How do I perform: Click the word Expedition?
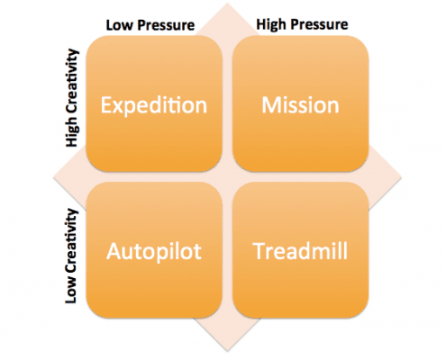point(154,106)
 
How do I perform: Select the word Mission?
point(300,105)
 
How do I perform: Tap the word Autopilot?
point(154,252)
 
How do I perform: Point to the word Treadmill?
point(300,251)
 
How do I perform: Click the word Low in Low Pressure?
point(120,25)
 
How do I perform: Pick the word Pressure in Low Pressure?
point(166,26)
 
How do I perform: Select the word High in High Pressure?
point(270,24)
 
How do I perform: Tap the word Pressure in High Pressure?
point(319,24)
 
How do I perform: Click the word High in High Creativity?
point(72,131)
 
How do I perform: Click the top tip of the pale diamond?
point(227,4)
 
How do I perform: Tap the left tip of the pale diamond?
point(53,177)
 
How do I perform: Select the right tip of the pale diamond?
point(402,177)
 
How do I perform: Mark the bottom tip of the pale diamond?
point(227,351)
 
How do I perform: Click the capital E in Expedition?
point(106,105)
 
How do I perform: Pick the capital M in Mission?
point(272,105)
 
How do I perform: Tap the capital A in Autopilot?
point(114,251)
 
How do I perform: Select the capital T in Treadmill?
point(259,251)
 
